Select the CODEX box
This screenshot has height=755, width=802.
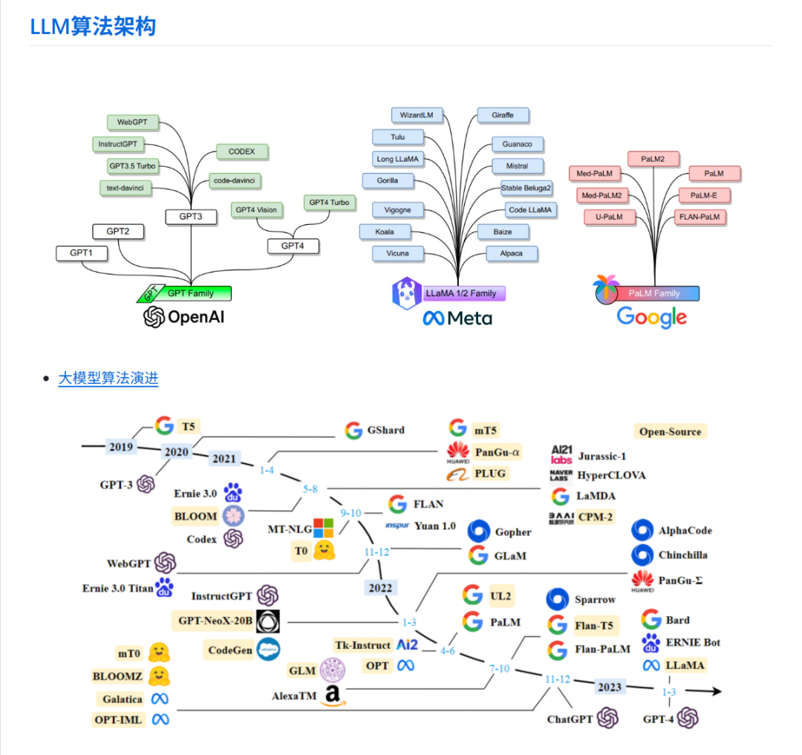pos(242,151)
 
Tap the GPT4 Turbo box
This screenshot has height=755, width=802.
pos(329,203)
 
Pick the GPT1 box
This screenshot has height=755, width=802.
pos(82,253)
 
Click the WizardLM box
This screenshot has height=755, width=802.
pos(417,115)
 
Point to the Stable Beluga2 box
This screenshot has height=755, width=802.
pos(526,188)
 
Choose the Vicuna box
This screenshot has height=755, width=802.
pos(398,253)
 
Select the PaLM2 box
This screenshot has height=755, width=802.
pos(653,159)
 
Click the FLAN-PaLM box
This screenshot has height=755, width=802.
pos(700,218)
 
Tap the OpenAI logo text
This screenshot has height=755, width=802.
pos(184,318)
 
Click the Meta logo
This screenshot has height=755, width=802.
pos(457,318)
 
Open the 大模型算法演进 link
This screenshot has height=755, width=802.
pos(108,379)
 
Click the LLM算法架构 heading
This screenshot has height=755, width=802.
pos(93,27)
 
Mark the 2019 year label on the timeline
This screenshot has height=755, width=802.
pos(120,447)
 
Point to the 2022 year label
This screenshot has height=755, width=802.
pos(379,587)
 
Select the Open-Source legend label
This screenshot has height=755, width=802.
pos(670,431)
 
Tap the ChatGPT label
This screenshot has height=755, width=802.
pos(570,719)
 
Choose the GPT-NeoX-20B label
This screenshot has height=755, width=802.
pos(215,620)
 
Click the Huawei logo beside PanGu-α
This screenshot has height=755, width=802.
pos(458,452)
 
